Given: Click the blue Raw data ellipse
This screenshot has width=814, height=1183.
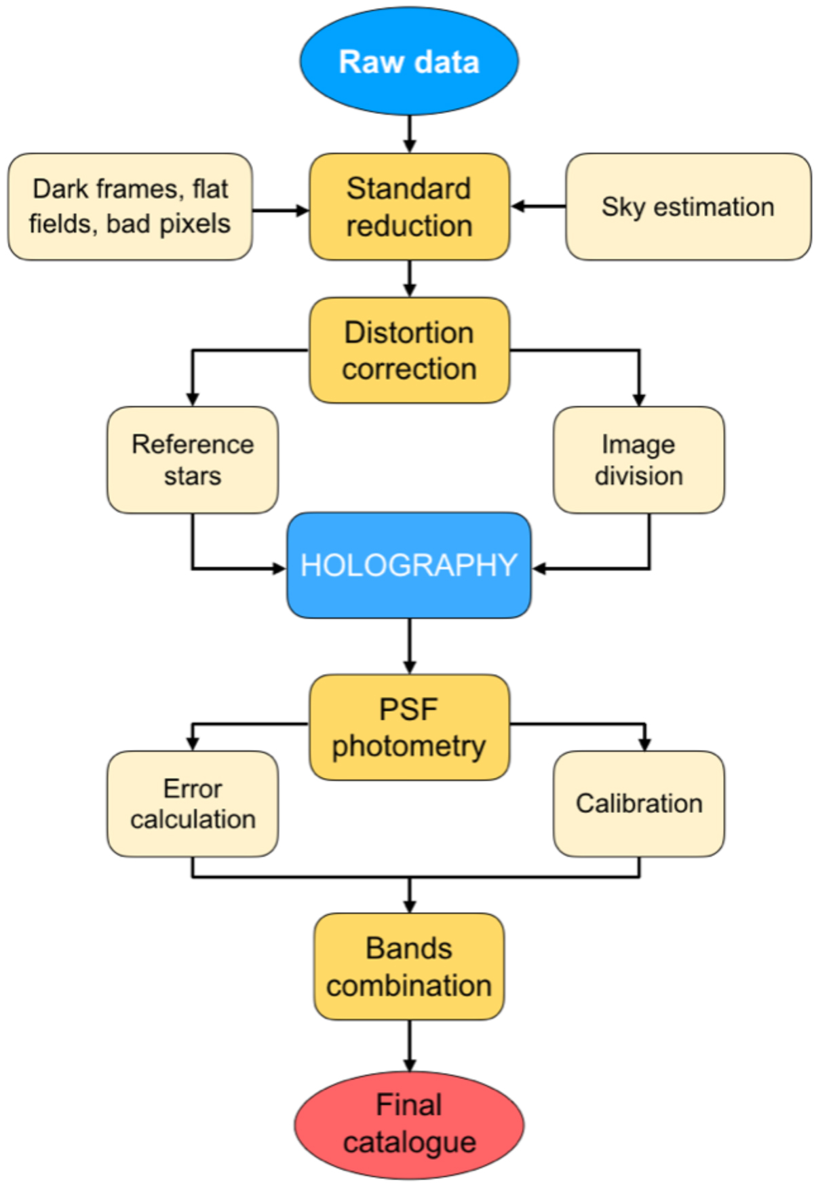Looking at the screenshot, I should [x=409, y=61].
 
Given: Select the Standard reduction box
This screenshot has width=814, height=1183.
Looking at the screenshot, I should [x=409, y=206].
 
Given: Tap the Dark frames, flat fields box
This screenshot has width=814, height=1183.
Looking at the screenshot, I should [x=130, y=206].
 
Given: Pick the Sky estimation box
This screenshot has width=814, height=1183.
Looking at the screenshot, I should [x=688, y=206].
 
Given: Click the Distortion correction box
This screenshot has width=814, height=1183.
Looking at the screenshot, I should [x=409, y=350].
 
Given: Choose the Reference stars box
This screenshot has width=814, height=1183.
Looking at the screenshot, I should [x=193, y=459].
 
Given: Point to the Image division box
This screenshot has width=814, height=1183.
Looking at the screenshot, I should [x=638, y=459].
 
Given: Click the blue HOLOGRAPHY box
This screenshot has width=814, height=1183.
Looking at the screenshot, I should [x=409, y=565].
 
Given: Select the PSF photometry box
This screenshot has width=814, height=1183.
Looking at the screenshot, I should [x=409, y=727].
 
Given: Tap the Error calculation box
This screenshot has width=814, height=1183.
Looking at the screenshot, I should [x=193, y=804].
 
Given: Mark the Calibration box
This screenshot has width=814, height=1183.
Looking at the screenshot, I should [x=638, y=804].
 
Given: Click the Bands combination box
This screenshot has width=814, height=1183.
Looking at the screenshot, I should [x=409, y=966].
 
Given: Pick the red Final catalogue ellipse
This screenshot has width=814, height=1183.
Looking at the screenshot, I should [x=409, y=1124].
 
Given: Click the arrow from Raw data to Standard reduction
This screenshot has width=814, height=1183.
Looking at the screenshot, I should [x=409, y=134].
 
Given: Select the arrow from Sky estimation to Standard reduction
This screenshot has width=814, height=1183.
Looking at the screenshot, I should [x=539, y=206].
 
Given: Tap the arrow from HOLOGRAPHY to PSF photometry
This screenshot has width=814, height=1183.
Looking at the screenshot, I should [x=409, y=645].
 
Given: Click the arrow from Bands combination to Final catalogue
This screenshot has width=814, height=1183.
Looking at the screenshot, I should [x=409, y=1045].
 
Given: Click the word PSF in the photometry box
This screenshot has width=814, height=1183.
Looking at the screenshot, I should [x=408, y=709].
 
